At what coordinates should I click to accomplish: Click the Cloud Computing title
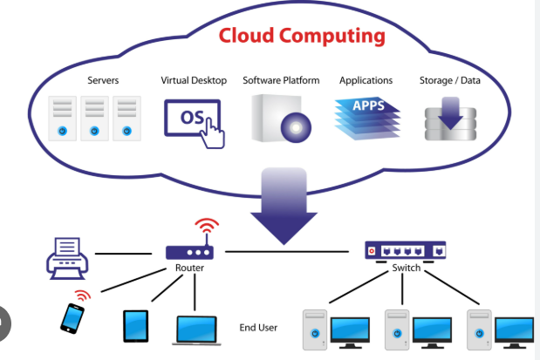click(301, 37)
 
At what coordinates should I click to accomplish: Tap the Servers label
click(103, 80)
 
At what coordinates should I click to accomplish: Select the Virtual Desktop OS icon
click(194, 119)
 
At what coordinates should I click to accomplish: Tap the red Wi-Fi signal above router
click(207, 229)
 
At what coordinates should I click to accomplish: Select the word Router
click(189, 268)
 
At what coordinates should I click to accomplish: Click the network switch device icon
click(405, 250)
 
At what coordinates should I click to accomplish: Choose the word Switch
click(406, 268)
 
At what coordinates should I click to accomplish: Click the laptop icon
click(197, 329)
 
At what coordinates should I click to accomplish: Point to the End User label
click(258, 328)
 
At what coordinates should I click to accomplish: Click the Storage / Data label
click(449, 80)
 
